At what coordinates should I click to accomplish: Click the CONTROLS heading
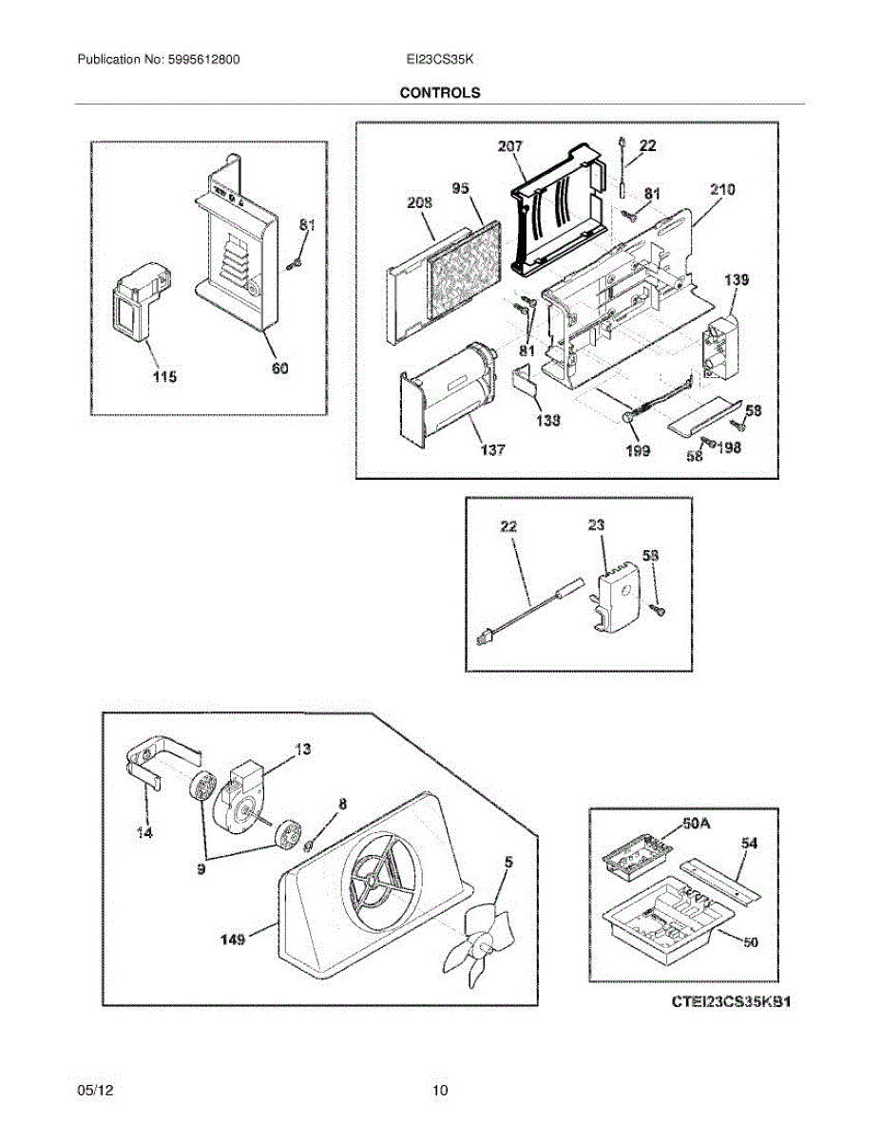(x=439, y=93)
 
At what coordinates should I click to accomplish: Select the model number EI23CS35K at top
(x=439, y=59)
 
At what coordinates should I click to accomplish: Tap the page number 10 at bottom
(x=439, y=1091)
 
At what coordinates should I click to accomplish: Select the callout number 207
(x=510, y=147)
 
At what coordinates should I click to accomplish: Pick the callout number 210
(x=722, y=191)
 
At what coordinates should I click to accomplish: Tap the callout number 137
(x=491, y=450)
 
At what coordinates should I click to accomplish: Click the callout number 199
(x=638, y=450)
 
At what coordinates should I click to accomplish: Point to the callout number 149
(x=233, y=940)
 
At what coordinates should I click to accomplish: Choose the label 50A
(x=697, y=823)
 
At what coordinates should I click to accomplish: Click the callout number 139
(x=737, y=280)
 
